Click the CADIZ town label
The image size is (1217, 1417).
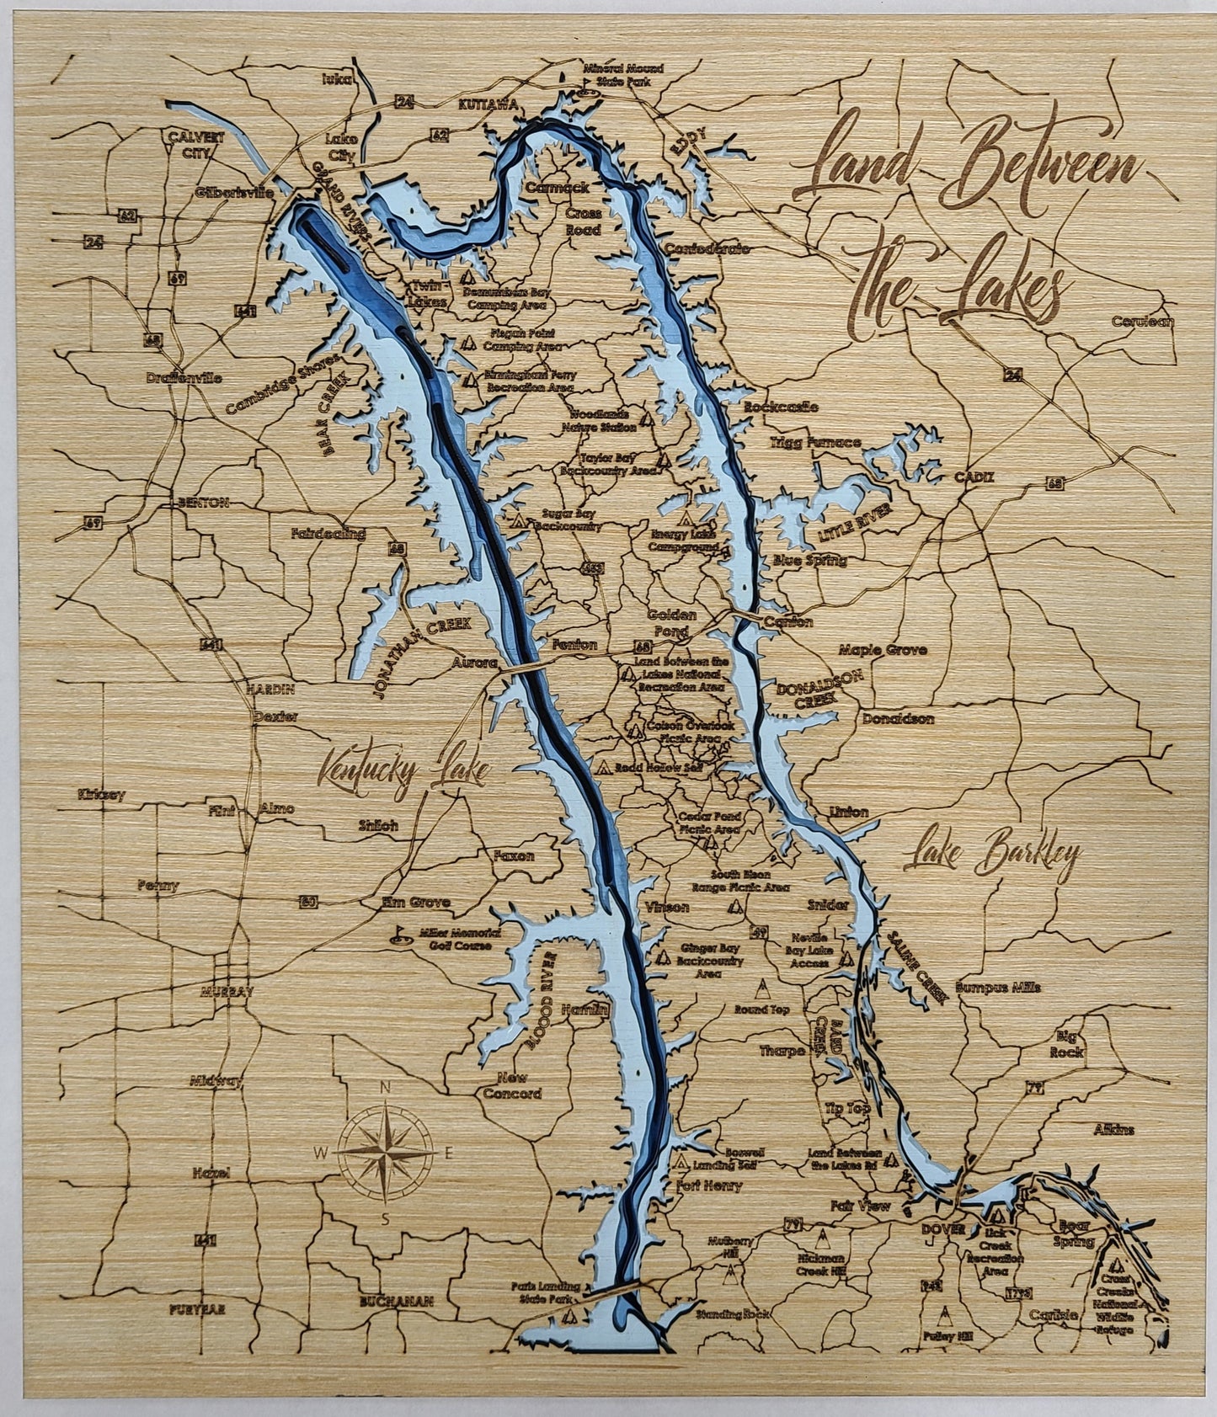(x=974, y=477)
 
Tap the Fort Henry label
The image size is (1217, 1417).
(x=709, y=1185)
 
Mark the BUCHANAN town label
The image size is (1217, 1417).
(x=395, y=1301)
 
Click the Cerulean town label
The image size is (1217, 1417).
(x=1142, y=322)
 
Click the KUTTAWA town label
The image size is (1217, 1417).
(x=487, y=105)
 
